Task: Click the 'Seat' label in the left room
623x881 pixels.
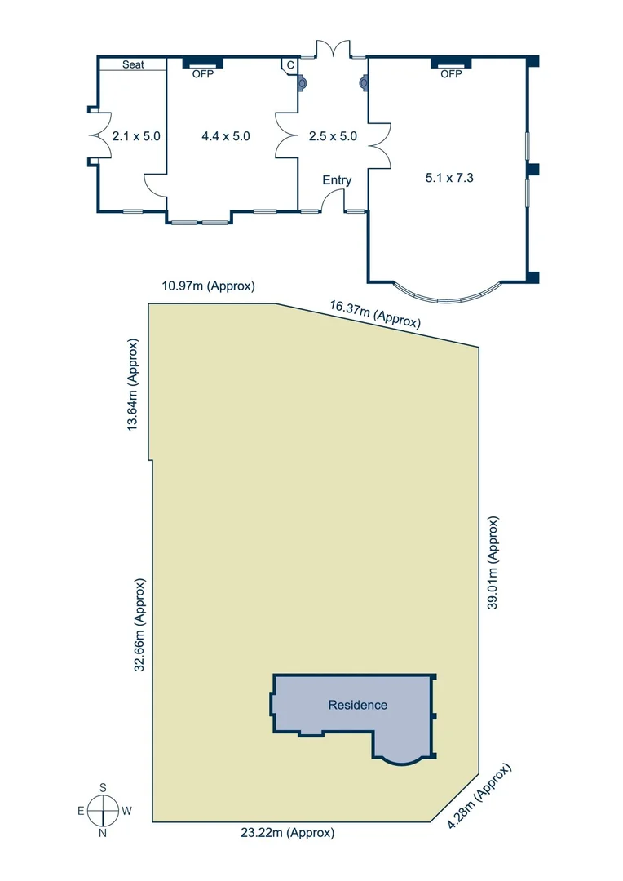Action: (133, 64)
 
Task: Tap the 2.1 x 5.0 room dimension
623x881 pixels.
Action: (136, 136)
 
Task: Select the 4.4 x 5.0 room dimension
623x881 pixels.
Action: (225, 136)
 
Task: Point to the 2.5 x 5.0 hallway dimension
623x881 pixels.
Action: (333, 136)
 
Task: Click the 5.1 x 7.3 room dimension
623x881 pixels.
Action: (448, 176)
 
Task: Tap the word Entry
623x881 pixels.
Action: (337, 180)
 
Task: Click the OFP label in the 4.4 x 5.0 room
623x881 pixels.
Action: (201, 73)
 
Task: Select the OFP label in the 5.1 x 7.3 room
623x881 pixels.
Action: (451, 73)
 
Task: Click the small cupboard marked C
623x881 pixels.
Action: (289, 65)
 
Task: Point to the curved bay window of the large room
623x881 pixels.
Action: (447, 295)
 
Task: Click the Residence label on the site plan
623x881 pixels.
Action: (357, 705)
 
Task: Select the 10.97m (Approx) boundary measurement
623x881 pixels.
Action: (209, 286)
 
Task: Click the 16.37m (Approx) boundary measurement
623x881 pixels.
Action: (375, 314)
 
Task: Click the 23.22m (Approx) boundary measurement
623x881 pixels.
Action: (287, 833)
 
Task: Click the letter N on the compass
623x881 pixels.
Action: (104, 834)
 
